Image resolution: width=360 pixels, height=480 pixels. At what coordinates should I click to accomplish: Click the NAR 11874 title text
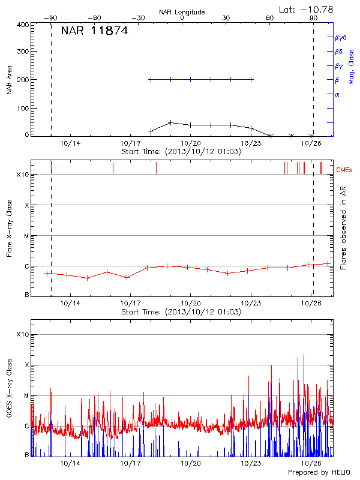(94, 31)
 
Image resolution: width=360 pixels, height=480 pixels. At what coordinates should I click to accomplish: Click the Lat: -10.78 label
(307, 9)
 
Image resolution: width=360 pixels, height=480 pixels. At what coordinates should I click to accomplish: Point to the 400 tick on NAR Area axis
(22, 25)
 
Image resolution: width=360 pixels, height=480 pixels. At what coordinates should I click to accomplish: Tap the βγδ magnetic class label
(341, 37)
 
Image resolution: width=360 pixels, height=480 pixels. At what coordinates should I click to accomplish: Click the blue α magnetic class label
(337, 94)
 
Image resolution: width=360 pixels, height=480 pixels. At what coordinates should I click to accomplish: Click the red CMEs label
(344, 170)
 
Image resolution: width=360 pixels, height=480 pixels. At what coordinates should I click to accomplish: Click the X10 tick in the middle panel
(22, 175)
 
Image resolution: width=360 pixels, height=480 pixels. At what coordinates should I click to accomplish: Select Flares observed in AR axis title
(343, 228)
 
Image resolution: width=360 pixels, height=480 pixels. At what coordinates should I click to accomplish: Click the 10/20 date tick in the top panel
(191, 144)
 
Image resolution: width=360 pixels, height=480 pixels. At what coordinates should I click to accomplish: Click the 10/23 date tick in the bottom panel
(251, 464)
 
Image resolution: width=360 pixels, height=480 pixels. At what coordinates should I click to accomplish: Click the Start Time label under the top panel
(181, 152)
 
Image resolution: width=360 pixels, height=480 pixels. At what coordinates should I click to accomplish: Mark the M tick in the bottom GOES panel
(26, 396)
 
